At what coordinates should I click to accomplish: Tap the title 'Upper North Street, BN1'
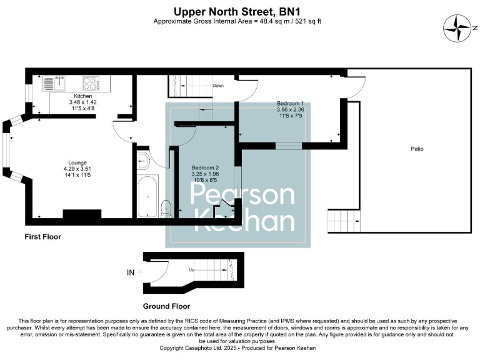(x=240, y=11)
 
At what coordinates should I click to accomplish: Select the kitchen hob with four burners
(x=89, y=82)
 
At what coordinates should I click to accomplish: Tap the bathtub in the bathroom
(x=147, y=196)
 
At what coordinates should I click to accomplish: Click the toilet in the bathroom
(x=166, y=208)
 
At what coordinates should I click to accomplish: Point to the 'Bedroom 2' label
(x=205, y=168)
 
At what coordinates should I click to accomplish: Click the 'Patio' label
(x=417, y=149)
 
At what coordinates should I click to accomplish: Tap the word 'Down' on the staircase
(x=218, y=85)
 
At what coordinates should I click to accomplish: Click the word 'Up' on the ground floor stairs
(x=192, y=269)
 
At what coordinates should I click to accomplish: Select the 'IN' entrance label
(x=131, y=272)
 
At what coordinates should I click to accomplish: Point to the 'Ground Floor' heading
(x=166, y=306)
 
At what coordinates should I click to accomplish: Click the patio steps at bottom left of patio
(x=344, y=221)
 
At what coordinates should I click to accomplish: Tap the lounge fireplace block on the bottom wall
(x=82, y=214)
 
